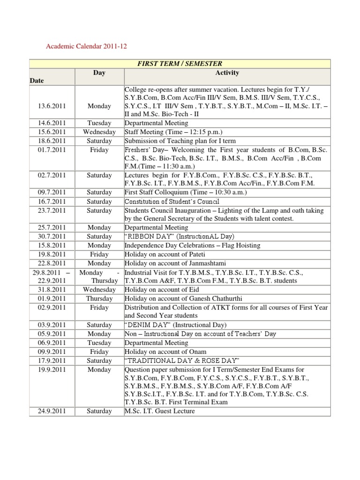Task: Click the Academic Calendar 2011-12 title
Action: click(86, 46)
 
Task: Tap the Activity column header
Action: click(227, 73)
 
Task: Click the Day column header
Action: click(99, 73)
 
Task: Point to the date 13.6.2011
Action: click(52, 106)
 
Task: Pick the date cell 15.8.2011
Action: click(52, 246)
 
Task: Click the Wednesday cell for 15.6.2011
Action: click(99, 132)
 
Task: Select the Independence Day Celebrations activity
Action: click(192, 246)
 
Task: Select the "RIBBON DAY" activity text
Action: click(179, 237)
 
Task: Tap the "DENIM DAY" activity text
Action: click(175, 325)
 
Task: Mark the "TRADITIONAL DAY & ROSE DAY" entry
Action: click(182, 361)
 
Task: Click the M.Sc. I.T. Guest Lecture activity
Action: click(159, 412)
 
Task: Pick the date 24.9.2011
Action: click(52, 412)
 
